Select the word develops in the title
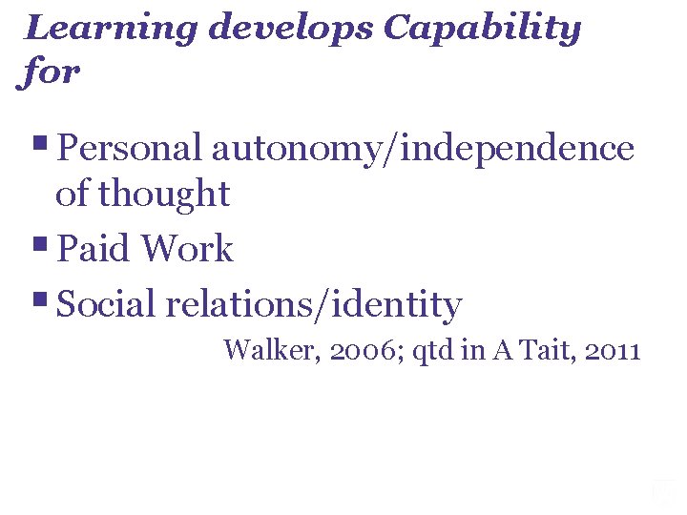pos(292,29)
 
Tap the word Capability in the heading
pos(482,29)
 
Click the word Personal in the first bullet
pos(130,149)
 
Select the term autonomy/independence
pos(423,149)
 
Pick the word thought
pos(164,195)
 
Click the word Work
pos(187,249)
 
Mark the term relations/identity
pos(314,305)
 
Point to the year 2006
pos(352,351)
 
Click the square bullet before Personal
pos(42,144)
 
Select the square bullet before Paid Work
pos(42,244)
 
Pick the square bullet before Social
pos(42,300)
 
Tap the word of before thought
pos(71,195)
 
